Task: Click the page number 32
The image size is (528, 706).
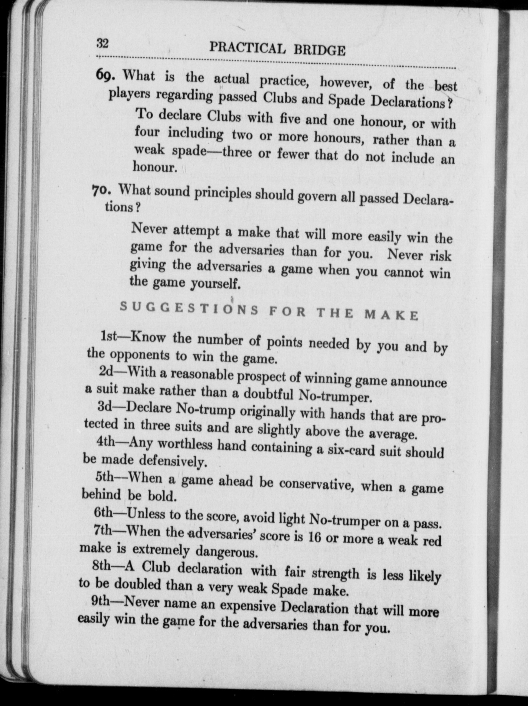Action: click(102, 43)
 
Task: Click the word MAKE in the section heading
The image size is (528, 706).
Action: click(391, 315)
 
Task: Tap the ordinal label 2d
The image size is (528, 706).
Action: click(106, 371)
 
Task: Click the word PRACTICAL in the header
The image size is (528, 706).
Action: click(247, 48)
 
